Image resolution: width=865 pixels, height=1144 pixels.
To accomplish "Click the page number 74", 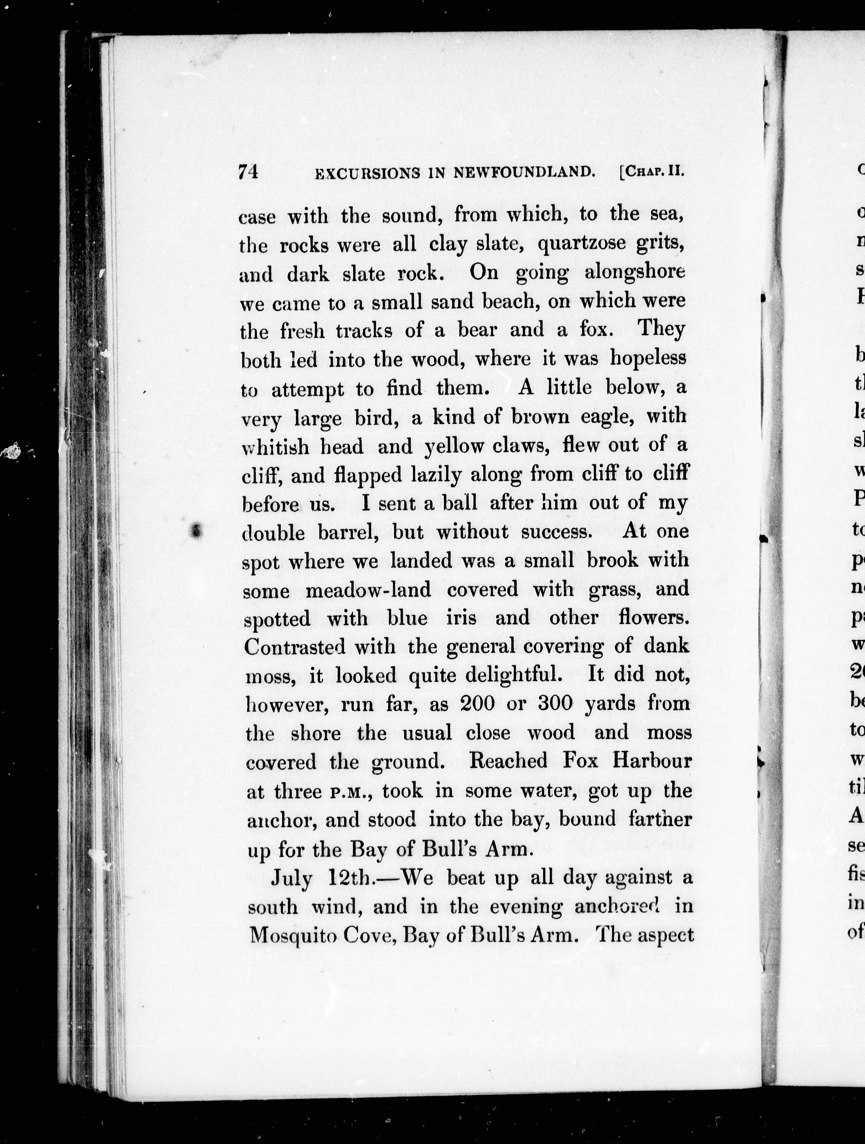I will [x=248, y=171].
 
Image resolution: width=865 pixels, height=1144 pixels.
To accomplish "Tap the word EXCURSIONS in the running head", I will [x=367, y=174].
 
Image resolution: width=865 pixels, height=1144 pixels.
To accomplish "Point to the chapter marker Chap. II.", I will [x=652, y=171].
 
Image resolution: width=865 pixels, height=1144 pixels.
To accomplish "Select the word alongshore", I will [x=634, y=272].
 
